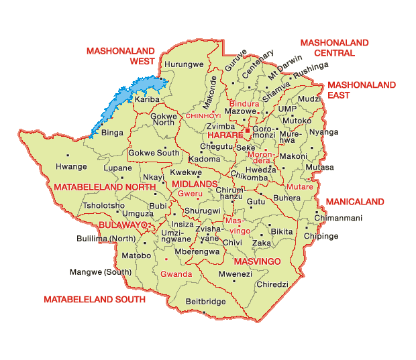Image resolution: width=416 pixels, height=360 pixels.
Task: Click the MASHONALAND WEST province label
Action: [121, 56]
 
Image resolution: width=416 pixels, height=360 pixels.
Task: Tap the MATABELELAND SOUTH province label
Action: [94, 300]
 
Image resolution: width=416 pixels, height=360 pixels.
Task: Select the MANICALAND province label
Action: [355, 202]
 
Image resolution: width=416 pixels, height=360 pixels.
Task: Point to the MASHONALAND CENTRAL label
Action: [334, 48]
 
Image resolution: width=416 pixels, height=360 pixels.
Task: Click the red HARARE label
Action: [225, 135]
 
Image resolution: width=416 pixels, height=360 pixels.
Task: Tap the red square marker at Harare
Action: [247, 129]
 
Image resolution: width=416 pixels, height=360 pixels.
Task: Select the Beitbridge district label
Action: [205, 302]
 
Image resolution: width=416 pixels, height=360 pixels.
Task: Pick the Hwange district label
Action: [71, 167]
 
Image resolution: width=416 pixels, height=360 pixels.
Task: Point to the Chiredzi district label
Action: [272, 284]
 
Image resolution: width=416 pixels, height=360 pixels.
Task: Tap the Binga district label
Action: [111, 133]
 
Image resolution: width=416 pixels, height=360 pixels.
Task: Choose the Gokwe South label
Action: [154, 153]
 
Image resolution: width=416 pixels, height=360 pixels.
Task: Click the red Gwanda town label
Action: [176, 274]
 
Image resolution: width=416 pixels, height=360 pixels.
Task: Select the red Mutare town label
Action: [299, 186]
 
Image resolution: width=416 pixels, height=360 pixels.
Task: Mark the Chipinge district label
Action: [321, 237]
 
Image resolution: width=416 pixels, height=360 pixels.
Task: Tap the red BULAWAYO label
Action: [122, 225]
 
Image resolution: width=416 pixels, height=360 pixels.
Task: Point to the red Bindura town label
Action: [244, 105]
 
